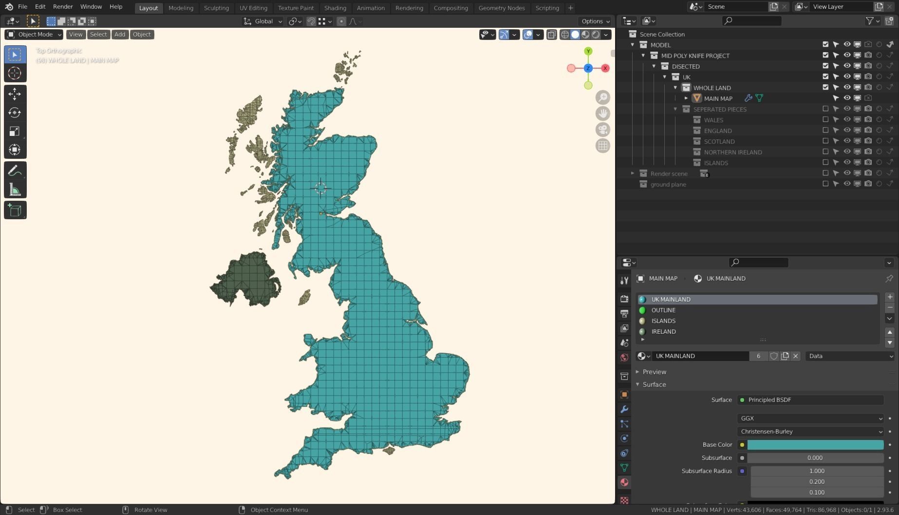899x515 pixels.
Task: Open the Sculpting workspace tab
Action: [216, 8]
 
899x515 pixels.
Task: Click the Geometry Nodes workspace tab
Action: [501, 8]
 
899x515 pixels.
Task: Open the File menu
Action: [22, 7]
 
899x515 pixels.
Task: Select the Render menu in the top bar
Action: [63, 7]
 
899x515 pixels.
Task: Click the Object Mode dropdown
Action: [34, 35]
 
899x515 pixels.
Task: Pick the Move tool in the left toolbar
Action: [15, 94]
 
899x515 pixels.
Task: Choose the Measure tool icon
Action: [15, 190]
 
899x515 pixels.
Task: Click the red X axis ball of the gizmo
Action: [605, 68]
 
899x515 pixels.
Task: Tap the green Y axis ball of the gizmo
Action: [588, 51]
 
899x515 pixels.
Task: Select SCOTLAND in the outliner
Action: [719, 141]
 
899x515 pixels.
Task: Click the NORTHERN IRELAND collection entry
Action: [732, 152]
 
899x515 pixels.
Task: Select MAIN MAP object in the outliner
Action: [718, 98]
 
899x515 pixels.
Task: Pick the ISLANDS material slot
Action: [663, 321]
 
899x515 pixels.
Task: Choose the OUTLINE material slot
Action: [663, 310]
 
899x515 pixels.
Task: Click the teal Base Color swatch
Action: [815, 445]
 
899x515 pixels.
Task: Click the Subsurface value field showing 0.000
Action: [815, 458]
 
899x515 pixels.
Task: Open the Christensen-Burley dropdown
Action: [810, 432]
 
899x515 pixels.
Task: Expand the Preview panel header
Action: [654, 372]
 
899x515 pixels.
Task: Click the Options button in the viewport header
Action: [595, 21]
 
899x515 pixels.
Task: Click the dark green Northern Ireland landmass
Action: [246, 280]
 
